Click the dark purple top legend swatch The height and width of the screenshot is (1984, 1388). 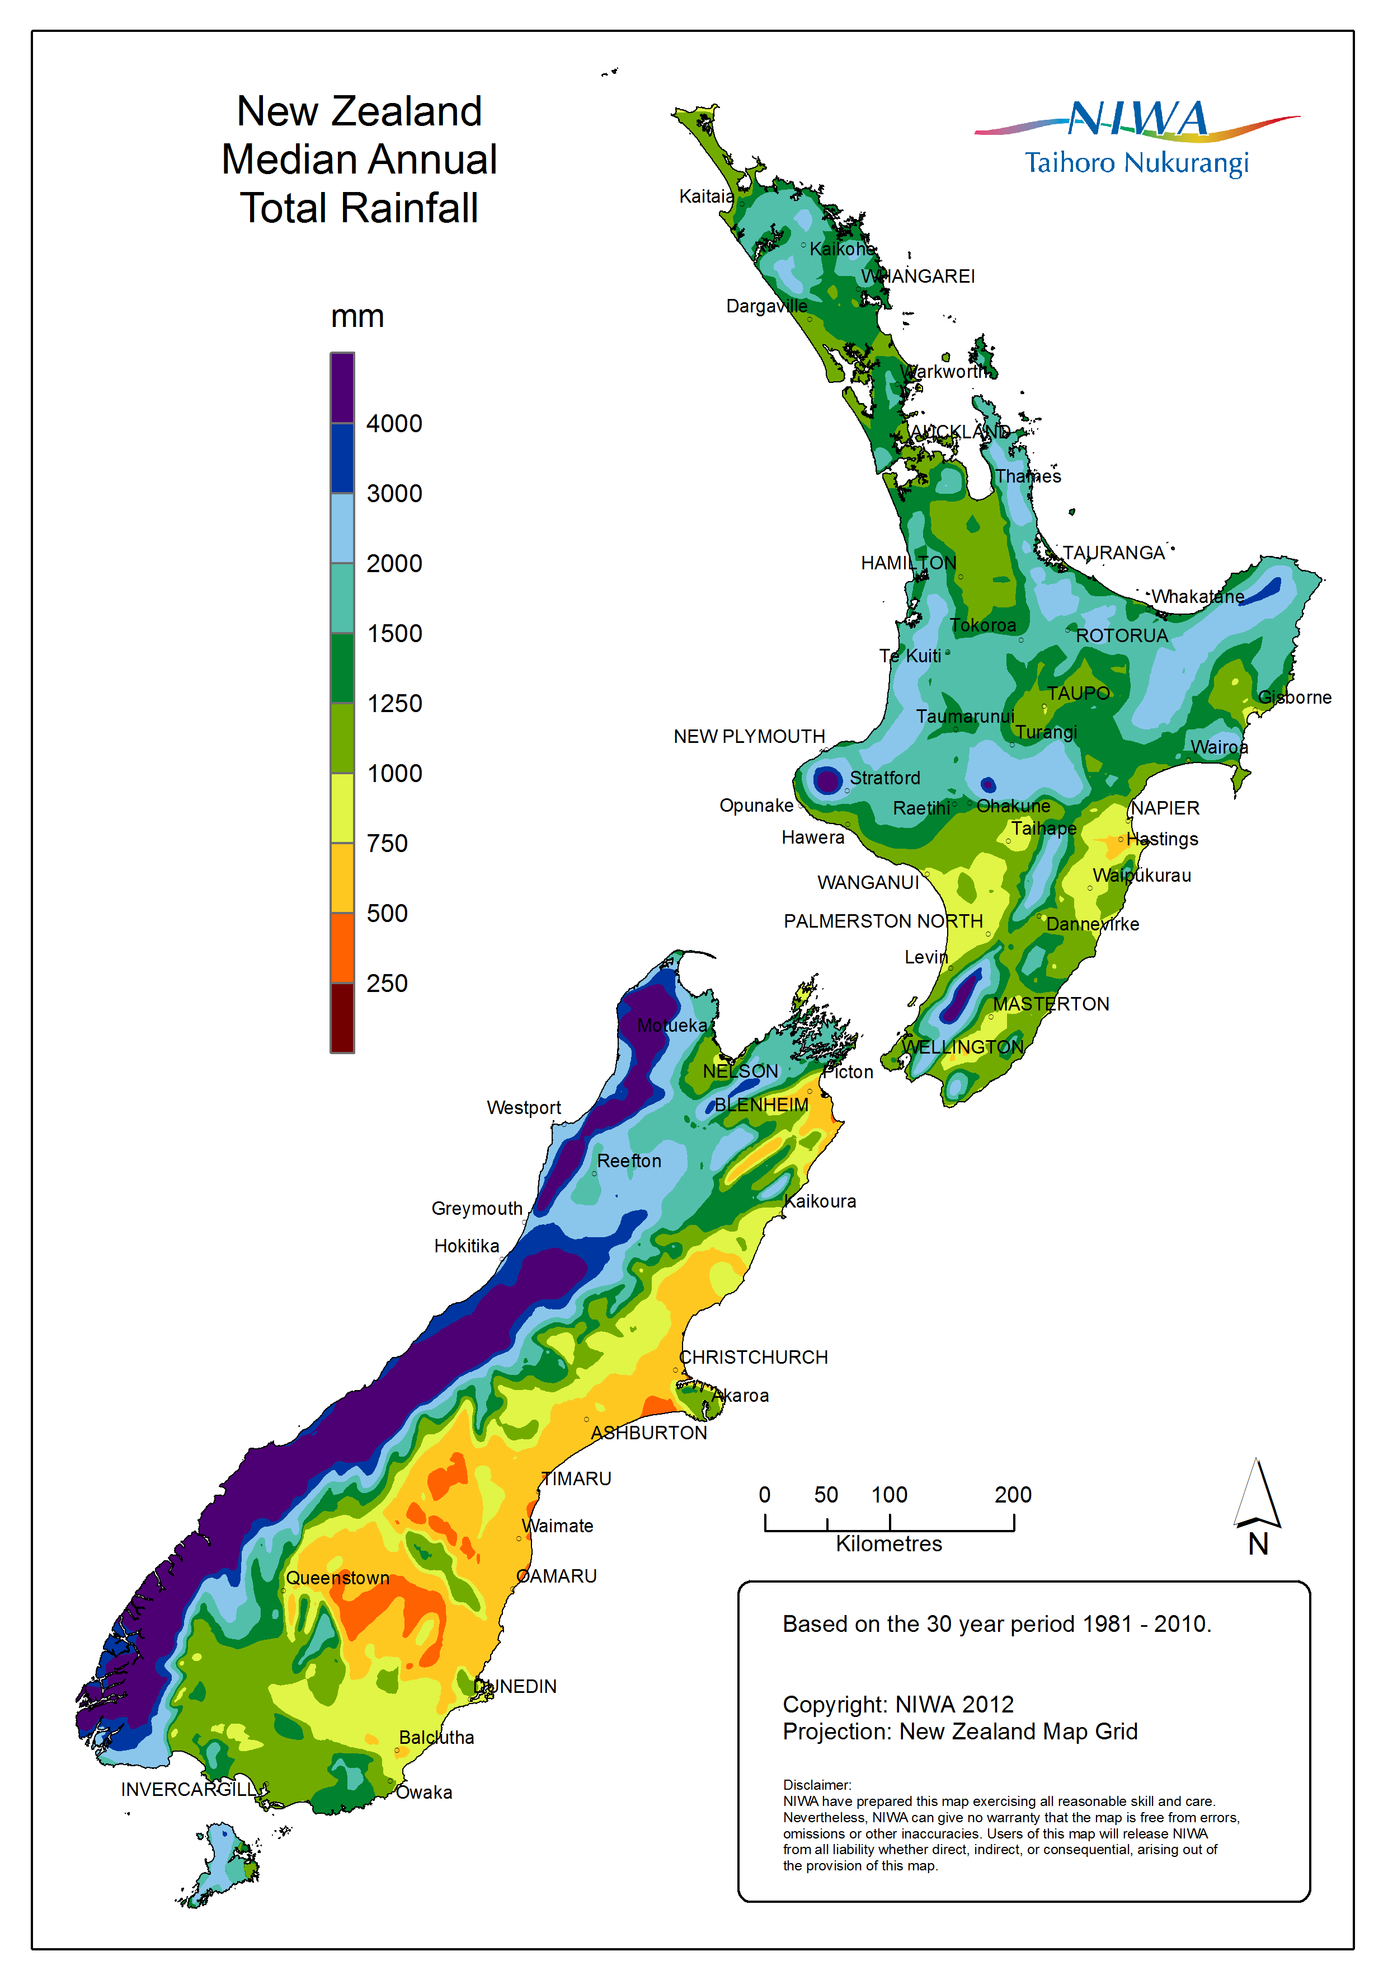[x=342, y=387]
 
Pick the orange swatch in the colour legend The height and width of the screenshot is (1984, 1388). [x=342, y=948]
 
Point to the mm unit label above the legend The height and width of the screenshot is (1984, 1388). [x=357, y=317]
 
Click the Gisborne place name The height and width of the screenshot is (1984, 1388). [x=1294, y=698]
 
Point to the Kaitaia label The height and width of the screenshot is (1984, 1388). [x=705, y=196]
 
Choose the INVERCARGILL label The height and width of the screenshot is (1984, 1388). [x=189, y=1790]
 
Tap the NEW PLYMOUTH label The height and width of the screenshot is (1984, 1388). [x=749, y=736]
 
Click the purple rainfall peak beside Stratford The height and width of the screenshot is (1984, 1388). [x=827, y=780]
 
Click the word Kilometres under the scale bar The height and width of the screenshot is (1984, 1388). [x=889, y=1544]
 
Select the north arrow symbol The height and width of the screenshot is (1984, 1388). [x=1258, y=1494]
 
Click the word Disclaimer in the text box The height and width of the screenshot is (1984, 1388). [x=816, y=1785]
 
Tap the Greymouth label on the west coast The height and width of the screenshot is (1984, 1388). [x=477, y=1209]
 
